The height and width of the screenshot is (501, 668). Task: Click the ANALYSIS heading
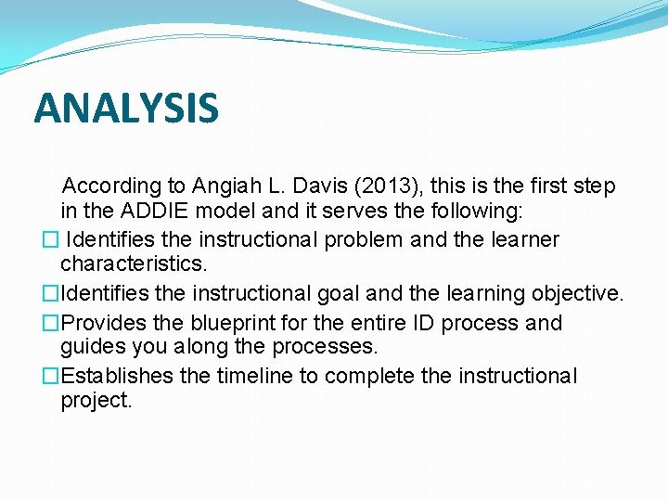click(126, 108)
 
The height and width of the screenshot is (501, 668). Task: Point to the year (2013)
click(381, 186)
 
